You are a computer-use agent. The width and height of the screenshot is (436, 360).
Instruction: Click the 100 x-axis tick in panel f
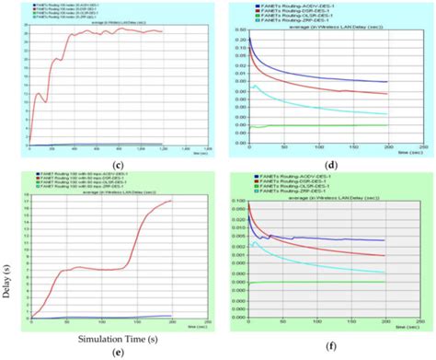(x=317, y=323)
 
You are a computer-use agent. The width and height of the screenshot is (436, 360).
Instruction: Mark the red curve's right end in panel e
(x=171, y=201)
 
